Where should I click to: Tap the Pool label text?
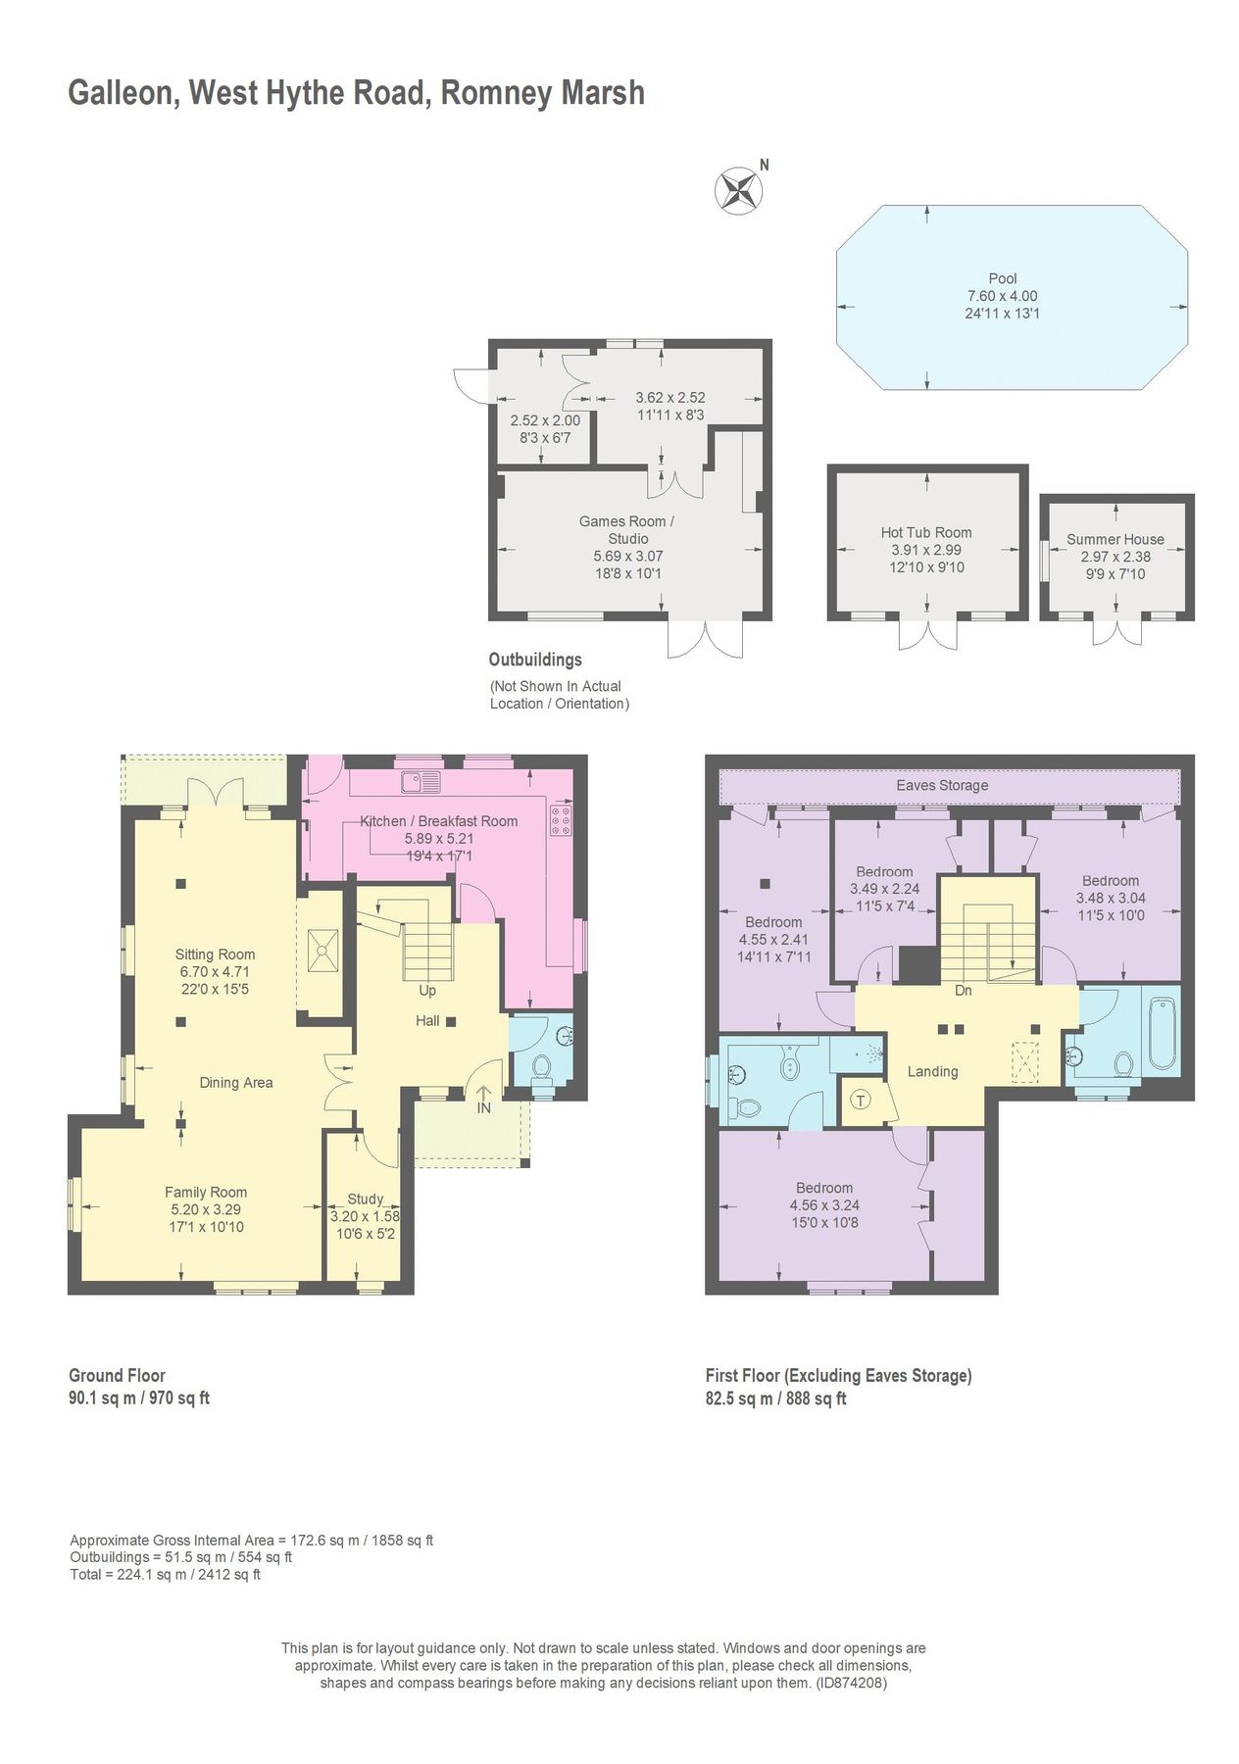tap(1002, 278)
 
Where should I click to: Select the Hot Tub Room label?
tap(925, 532)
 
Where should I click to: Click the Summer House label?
tap(1115, 539)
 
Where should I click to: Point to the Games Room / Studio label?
tap(627, 530)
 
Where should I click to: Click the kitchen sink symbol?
tap(421, 781)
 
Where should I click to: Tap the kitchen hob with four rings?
tap(561, 820)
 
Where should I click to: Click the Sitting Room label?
tap(215, 954)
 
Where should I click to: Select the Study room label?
tap(365, 1199)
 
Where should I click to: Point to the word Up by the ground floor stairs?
tap(427, 990)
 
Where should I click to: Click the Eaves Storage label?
tap(941, 785)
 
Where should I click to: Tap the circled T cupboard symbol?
tap(860, 1100)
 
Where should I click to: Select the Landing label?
tap(931, 1071)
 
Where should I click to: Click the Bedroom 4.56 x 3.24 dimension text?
tap(824, 1205)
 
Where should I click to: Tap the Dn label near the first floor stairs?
tap(963, 990)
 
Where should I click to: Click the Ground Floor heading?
tap(117, 1375)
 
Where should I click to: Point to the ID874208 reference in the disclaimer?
tap(852, 1683)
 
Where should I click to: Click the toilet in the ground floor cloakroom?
tap(540, 1065)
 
